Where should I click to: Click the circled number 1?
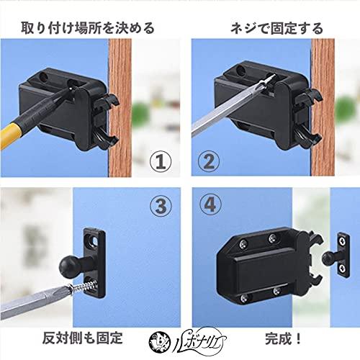[161, 159]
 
